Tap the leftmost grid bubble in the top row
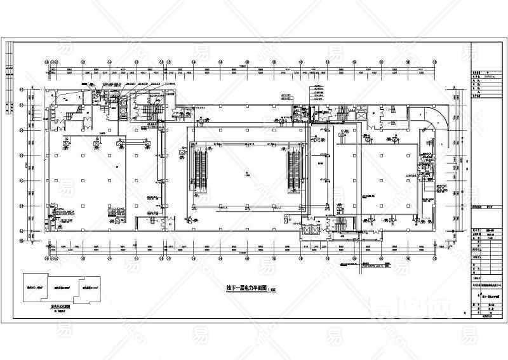49,62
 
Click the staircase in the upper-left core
151,110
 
